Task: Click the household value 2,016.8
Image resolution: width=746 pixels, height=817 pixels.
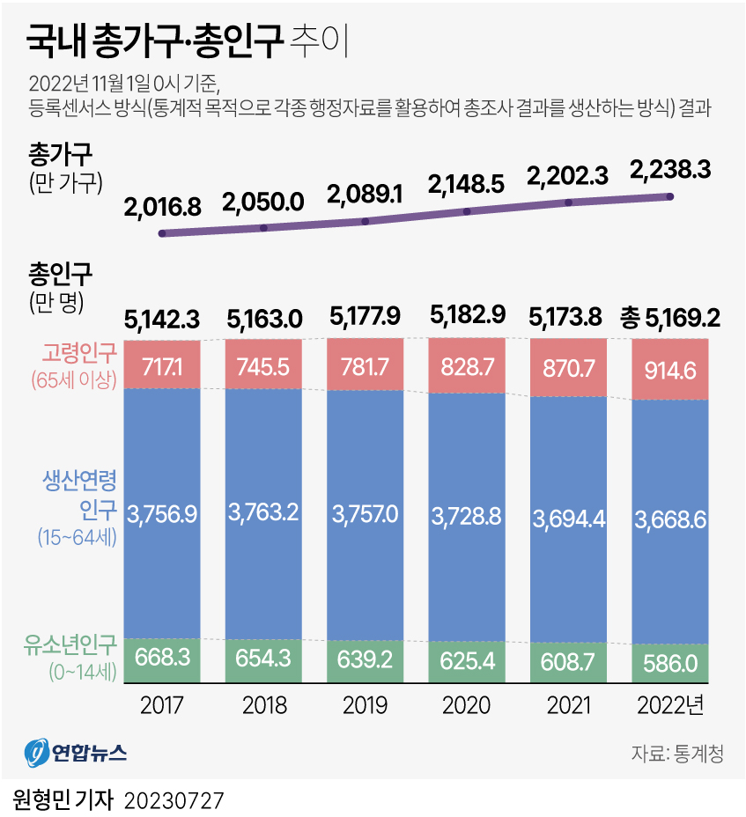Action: coord(163,207)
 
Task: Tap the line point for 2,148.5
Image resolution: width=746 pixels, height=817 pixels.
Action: coord(467,211)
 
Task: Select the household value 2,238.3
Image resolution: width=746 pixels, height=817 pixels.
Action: coord(670,171)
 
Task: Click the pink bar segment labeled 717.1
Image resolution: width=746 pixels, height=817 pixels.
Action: coord(163,364)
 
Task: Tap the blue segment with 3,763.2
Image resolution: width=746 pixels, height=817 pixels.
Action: coord(263,512)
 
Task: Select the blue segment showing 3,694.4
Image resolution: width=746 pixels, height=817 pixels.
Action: coord(568,519)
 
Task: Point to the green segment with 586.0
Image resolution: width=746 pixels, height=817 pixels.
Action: coord(670,663)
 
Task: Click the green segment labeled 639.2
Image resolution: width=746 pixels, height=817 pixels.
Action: coord(366,660)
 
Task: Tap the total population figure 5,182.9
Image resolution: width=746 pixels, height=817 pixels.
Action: coord(467,315)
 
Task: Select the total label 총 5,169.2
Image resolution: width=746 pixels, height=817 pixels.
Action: coord(670,316)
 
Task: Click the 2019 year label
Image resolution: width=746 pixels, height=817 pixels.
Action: coord(366,705)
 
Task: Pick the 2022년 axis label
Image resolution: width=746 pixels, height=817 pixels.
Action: coord(670,705)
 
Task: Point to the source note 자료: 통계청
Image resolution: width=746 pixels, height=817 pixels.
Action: coord(676,754)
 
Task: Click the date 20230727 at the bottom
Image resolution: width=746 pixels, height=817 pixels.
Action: coord(174,800)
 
